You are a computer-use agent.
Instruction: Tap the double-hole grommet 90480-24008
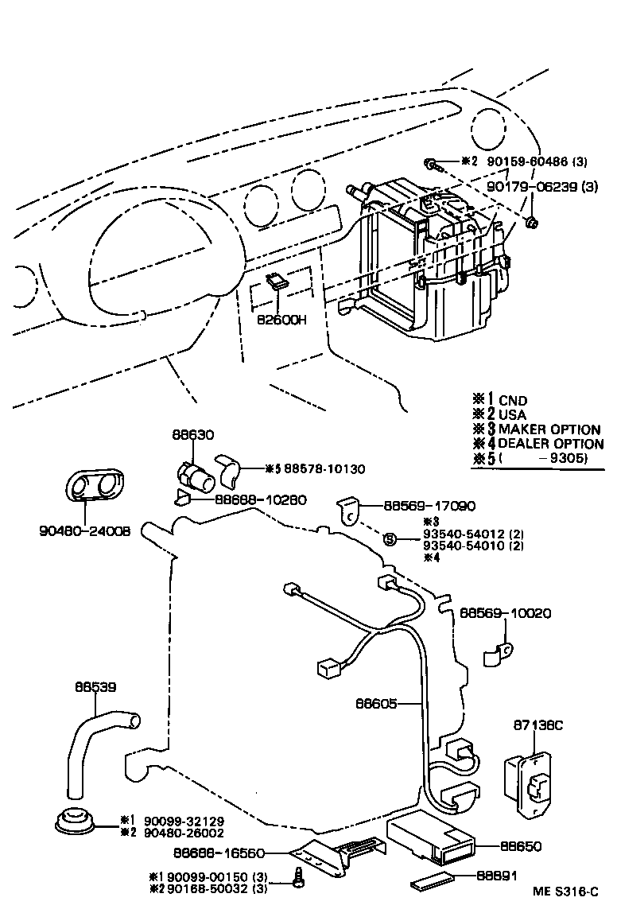(x=95, y=485)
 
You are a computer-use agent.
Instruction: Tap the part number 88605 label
(x=375, y=703)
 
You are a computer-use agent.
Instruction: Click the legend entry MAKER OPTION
(x=549, y=429)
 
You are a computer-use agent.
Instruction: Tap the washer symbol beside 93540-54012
(x=390, y=539)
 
